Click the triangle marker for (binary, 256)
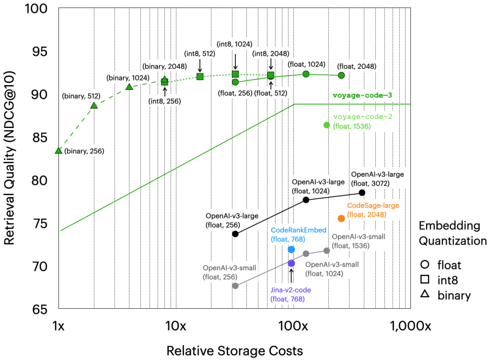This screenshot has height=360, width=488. [58, 151]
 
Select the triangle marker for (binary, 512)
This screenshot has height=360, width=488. [94, 105]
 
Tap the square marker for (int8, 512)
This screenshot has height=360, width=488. [200, 76]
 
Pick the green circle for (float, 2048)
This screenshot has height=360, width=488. [341, 75]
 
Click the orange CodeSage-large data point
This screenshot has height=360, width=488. [341, 219]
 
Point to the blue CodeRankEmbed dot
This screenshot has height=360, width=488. [291, 249]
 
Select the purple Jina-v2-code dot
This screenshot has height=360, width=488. [291, 263]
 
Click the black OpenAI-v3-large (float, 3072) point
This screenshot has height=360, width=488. [362, 192]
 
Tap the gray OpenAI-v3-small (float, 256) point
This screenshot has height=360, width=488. [235, 286]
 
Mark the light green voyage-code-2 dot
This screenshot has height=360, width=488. [327, 125]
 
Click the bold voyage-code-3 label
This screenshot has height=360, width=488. [362, 95]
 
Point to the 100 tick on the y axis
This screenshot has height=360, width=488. [40, 9]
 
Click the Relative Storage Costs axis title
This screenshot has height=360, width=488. [234, 350]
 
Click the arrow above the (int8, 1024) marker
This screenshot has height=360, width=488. [235, 61]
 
